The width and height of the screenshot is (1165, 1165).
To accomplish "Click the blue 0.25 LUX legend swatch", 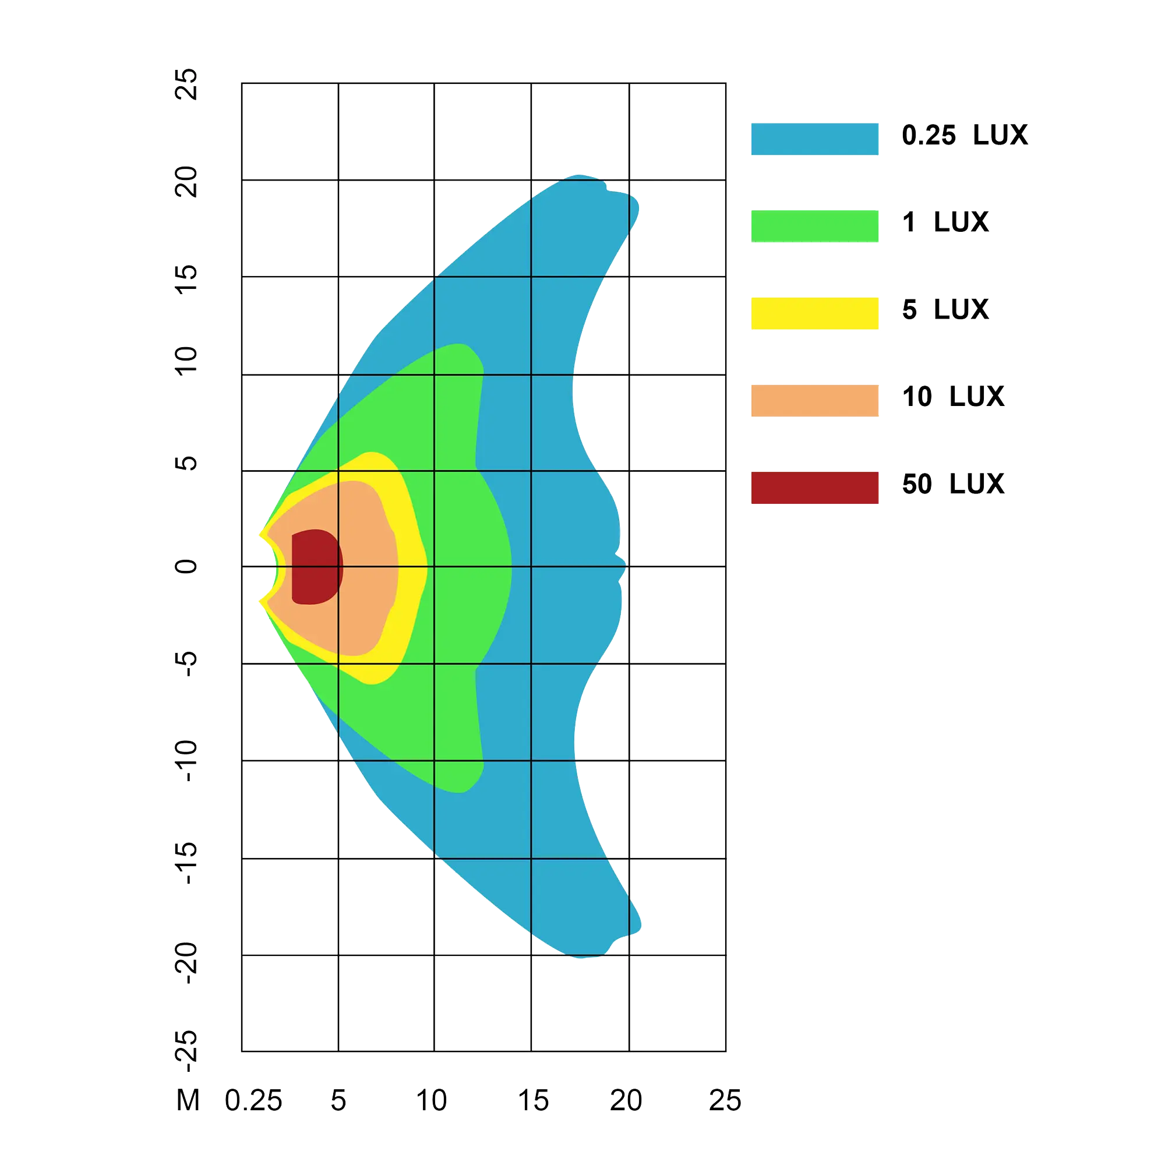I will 815,139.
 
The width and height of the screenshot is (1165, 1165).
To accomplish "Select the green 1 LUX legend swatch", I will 815,226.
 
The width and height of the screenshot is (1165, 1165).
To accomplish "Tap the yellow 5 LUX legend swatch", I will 815,312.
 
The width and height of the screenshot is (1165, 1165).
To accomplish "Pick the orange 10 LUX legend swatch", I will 815,400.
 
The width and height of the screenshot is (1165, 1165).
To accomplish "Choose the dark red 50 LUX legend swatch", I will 815,487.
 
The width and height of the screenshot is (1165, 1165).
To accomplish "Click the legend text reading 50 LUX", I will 953,483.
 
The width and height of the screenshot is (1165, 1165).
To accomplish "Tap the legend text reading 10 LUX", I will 953,396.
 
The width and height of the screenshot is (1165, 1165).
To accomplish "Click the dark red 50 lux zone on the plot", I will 315,567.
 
